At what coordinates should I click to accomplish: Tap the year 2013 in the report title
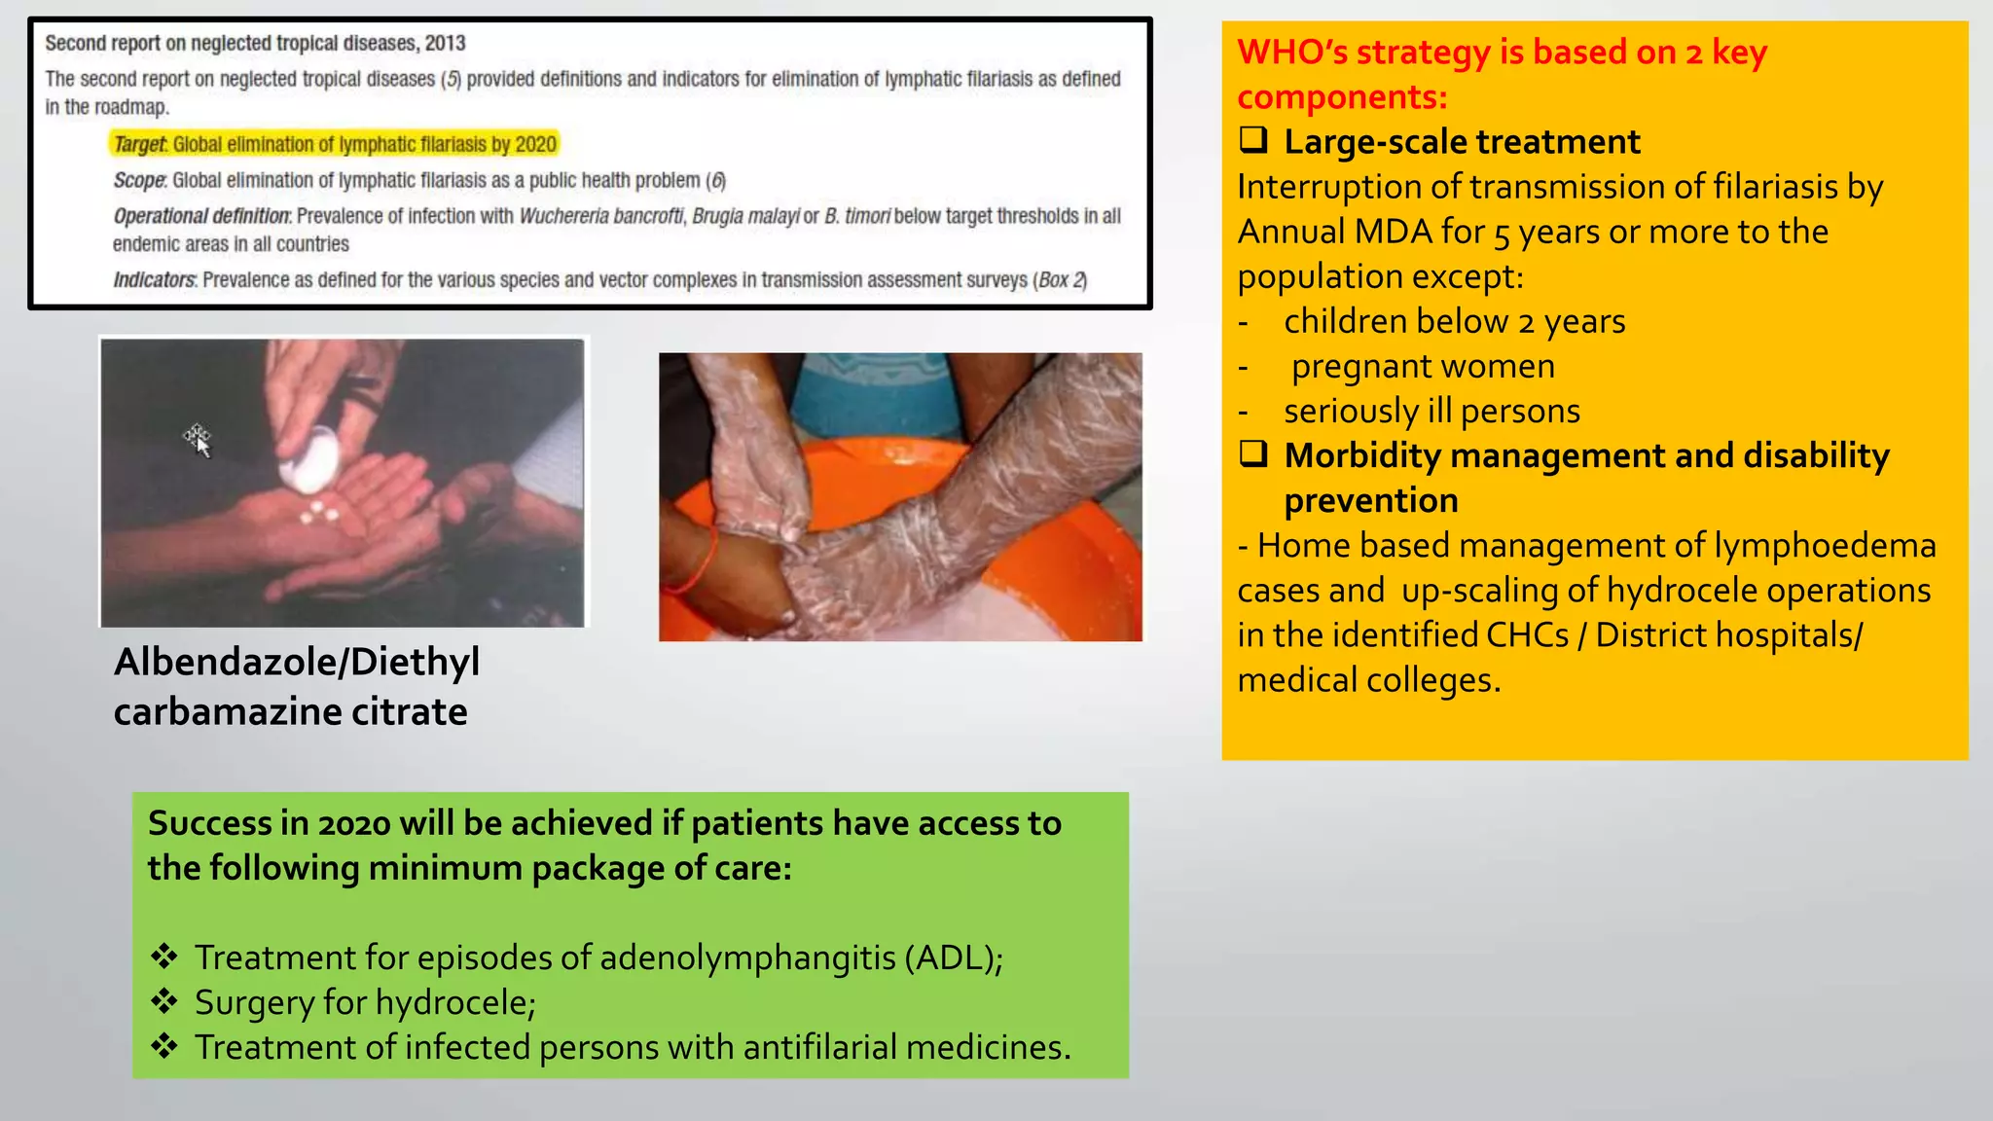[445, 44]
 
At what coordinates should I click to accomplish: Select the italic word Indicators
[155, 280]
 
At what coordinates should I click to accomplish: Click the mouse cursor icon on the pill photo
[199, 441]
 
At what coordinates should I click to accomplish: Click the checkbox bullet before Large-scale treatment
[1253, 141]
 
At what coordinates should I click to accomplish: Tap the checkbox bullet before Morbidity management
[1253, 454]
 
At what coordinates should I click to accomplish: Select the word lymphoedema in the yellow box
[1825, 546]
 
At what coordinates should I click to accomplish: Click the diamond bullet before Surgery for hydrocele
[164, 1001]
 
